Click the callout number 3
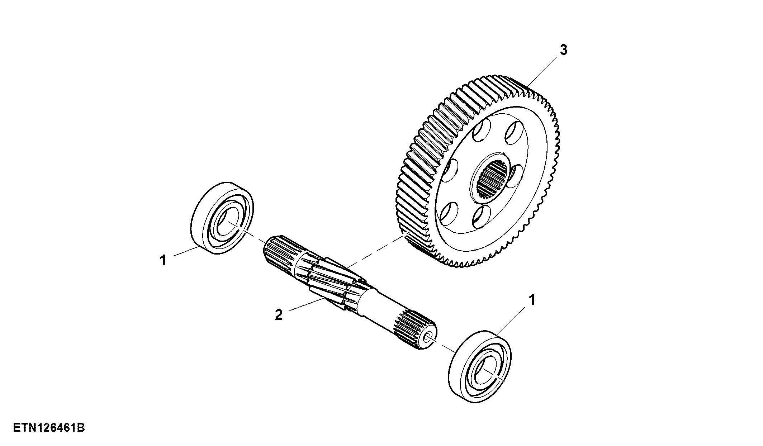click(564, 50)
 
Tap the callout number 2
click(279, 315)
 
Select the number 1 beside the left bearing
click(163, 260)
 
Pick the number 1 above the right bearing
click(532, 300)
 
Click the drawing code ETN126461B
click(49, 428)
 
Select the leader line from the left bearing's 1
click(186, 251)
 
